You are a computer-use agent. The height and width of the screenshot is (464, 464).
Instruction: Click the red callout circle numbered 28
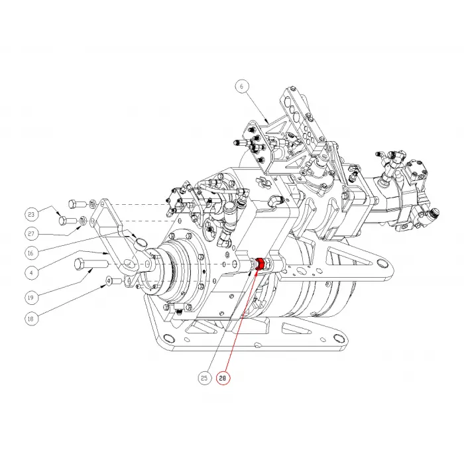click(223, 378)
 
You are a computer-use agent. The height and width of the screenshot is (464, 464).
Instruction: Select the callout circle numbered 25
click(204, 378)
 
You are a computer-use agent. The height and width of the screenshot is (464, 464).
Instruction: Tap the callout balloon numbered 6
click(242, 86)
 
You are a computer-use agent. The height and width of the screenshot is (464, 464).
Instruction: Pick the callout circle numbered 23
click(31, 214)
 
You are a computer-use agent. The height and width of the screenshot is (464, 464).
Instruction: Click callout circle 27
click(31, 233)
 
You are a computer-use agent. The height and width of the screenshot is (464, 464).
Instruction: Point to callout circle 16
click(31, 253)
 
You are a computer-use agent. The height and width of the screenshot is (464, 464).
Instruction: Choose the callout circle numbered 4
click(31, 272)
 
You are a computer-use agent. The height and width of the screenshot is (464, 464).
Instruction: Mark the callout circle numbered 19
click(31, 298)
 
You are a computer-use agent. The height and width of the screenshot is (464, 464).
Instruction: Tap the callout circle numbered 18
click(31, 319)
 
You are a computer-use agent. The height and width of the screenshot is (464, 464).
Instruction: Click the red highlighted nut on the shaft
click(260, 263)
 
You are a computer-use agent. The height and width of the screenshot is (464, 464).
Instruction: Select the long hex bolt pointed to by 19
click(90, 264)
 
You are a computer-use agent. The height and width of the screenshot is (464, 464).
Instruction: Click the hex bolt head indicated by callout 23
click(63, 221)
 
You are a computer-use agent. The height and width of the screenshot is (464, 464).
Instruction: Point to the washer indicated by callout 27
click(83, 220)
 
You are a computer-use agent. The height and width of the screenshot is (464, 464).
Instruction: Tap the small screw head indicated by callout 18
click(109, 280)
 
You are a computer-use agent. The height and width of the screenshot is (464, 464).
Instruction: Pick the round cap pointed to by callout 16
click(141, 243)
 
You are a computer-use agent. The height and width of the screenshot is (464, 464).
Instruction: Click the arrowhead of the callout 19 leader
click(93, 269)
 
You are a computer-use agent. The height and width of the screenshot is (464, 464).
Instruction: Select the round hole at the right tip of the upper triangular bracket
click(382, 263)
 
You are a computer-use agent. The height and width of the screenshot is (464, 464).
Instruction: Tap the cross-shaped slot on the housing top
click(262, 180)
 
